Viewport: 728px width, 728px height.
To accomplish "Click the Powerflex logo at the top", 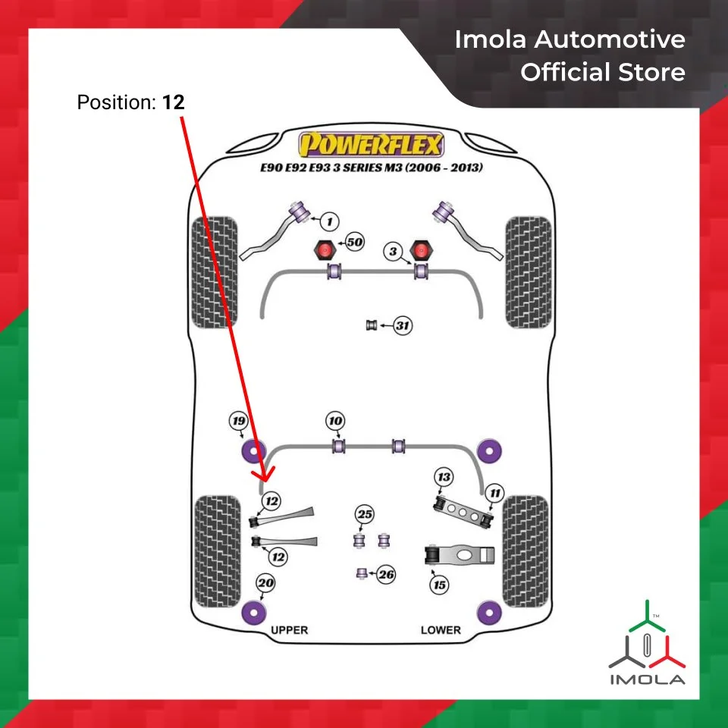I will coord(372,144).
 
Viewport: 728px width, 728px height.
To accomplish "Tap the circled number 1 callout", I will coord(328,221).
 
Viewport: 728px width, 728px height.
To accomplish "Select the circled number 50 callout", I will coord(354,243).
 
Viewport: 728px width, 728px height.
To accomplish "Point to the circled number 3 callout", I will coord(392,252).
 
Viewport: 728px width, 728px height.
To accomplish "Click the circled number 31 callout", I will coord(403,326).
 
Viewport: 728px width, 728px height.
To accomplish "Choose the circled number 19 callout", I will coord(239,422).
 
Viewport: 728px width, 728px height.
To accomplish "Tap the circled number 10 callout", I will coord(335,421).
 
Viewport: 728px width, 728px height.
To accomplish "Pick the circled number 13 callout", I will coord(444,477).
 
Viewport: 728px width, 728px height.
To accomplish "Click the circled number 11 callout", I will coord(494,494).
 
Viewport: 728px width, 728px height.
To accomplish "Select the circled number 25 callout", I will coord(365,516).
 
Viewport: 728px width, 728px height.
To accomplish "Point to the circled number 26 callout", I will coord(387,575).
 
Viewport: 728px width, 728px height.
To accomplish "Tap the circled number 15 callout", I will coord(438,585).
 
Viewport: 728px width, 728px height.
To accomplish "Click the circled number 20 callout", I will coord(265,584).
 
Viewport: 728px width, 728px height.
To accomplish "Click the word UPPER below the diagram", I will coord(289,630).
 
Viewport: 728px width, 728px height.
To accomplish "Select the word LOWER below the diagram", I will coord(441,630).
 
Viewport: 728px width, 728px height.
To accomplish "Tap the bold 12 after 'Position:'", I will coord(174,102).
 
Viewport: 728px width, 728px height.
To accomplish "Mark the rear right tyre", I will coord(525,551).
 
